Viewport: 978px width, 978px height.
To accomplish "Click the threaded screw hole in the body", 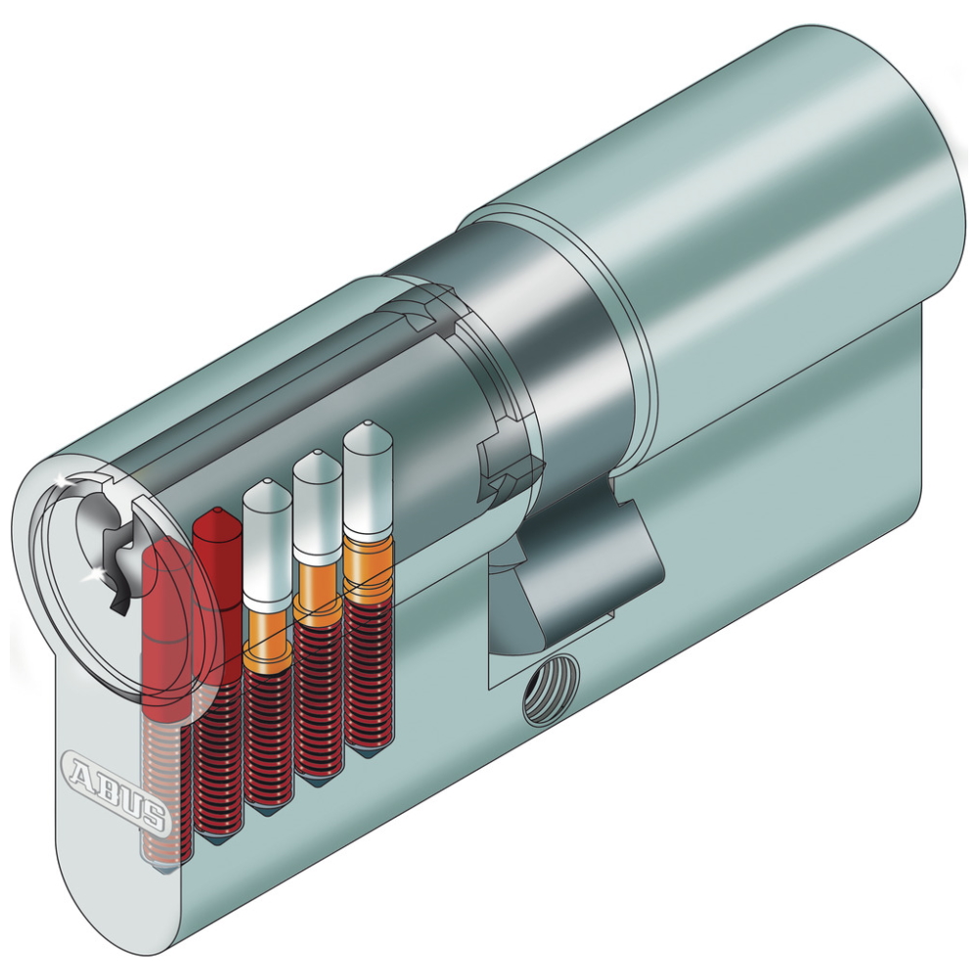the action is click(551, 689).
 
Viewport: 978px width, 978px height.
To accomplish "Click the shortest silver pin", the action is click(268, 543).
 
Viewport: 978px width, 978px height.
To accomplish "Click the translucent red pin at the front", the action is click(166, 630).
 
